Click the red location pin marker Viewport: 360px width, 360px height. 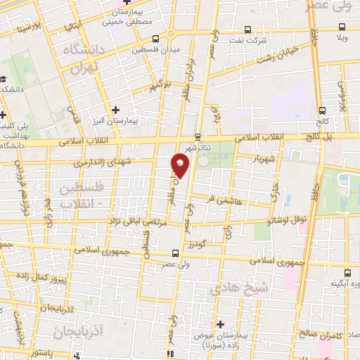180,165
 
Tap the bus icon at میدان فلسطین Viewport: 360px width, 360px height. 155,39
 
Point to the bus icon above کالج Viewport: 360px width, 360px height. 321,110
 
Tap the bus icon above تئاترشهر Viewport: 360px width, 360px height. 198,137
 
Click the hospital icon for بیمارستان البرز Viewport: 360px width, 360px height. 116,109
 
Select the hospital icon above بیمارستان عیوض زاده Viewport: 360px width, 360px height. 220,324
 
